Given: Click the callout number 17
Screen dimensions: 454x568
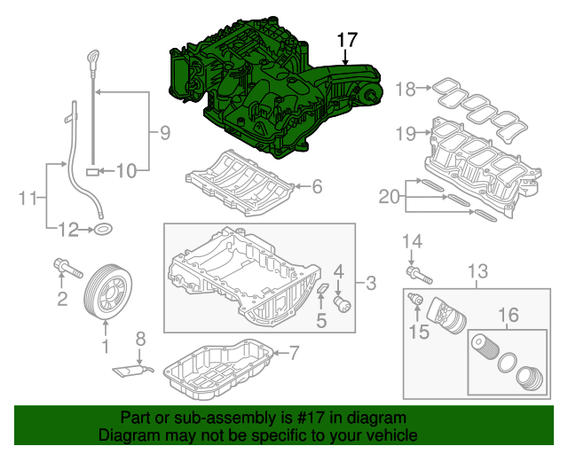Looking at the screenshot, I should (346, 40).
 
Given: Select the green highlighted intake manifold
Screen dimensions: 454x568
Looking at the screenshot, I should (257, 89).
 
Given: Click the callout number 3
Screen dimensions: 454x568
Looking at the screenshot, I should (371, 284).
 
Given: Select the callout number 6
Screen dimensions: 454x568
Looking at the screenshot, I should (317, 186).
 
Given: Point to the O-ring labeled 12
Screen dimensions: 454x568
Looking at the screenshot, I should (104, 231).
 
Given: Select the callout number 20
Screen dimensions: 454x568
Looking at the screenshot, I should (388, 196).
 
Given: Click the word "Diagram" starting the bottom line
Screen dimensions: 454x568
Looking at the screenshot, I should (124, 435).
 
